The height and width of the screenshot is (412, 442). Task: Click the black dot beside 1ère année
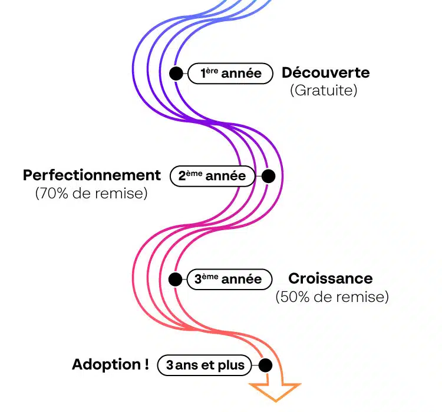tap(175, 74)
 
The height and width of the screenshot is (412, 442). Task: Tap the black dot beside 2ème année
tap(268, 175)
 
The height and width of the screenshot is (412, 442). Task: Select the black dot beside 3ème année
tap(174, 279)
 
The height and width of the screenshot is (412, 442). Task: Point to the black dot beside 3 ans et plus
tap(265, 365)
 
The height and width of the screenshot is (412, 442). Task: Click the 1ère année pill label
tap(230, 74)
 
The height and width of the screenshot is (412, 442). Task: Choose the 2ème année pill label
tap(212, 176)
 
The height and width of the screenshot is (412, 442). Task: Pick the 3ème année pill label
tap(228, 279)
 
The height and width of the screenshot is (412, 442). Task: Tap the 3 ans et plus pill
tap(204, 366)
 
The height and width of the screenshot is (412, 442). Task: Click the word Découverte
tap(325, 73)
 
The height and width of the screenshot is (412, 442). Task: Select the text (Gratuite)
tap(324, 91)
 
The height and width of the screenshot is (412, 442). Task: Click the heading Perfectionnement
tap(92, 175)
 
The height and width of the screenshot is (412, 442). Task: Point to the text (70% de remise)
tap(91, 193)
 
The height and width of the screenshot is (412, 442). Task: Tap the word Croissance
tap(330, 278)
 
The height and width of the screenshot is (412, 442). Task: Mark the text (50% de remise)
tap(332, 297)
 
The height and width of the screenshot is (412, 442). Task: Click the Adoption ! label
tap(110, 365)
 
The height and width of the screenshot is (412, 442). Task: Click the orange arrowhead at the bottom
tap(275, 391)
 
